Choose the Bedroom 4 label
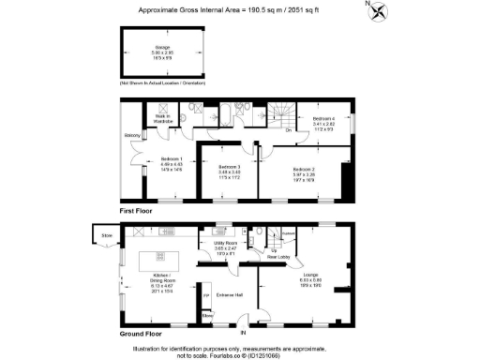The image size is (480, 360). click(322, 120)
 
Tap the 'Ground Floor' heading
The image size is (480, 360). click(139, 333)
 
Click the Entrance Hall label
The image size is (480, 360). click(230, 296)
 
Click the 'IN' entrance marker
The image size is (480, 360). click(243, 332)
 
